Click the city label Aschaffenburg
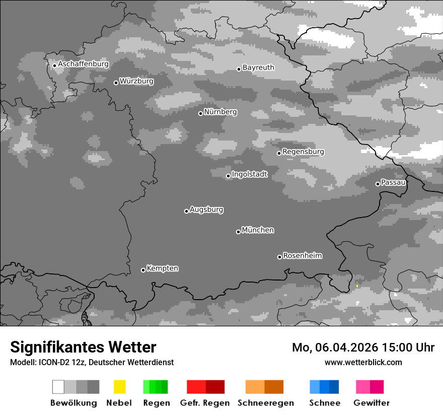tap(83, 64)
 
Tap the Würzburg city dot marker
tap(116, 83)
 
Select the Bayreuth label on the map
tap(258, 67)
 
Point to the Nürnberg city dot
tap(200, 113)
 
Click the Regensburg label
tap(303, 152)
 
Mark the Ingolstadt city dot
tap(228, 176)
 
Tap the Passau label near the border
tap(393, 182)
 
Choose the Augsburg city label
tap(206, 210)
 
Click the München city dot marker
tap(238, 232)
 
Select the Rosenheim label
tap(302, 255)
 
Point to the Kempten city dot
tap(143, 270)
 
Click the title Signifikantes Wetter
tap(83, 347)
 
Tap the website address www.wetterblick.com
tap(363, 362)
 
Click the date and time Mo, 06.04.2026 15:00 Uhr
tap(363, 347)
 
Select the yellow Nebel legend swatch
tap(119, 387)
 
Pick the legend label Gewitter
tap(372, 403)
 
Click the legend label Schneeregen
tap(266, 403)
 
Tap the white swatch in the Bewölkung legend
tap(58, 387)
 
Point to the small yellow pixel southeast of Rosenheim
tap(357, 286)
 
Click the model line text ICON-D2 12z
tap(60, 362)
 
